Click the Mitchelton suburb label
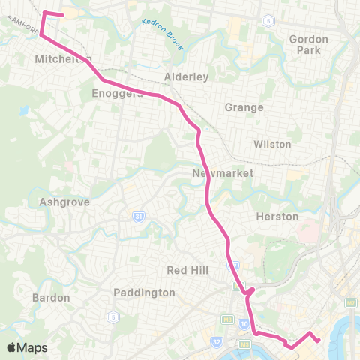(63, 59)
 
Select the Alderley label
(186, 76)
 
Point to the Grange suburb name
(244, 107)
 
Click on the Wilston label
(271, 143)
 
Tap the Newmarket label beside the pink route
(223, 173)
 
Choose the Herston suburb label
(277, 217)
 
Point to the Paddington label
(144, 292)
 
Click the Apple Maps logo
(27, 347)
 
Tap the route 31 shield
(139, 217)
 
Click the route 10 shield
(244, 323)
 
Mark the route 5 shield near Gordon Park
(268, 20)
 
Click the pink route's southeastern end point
(319, 340)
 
